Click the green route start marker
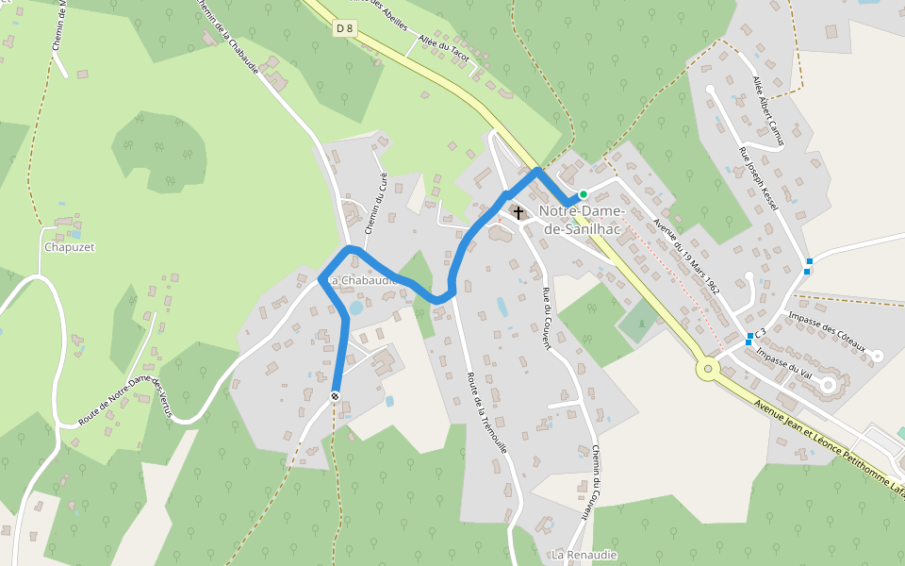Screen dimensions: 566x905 click(x=584, y=194)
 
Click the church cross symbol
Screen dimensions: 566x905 click(x=518, y=213)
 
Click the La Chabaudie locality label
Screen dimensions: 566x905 click(x=364, y=280)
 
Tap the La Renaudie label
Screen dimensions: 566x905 click(x=584, y=554)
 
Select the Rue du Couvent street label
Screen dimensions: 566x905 click(x=546, y=319)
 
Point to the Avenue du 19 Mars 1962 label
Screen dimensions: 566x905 click(x=686, y=258)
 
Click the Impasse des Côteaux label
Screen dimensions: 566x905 click(x=827, y=332)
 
